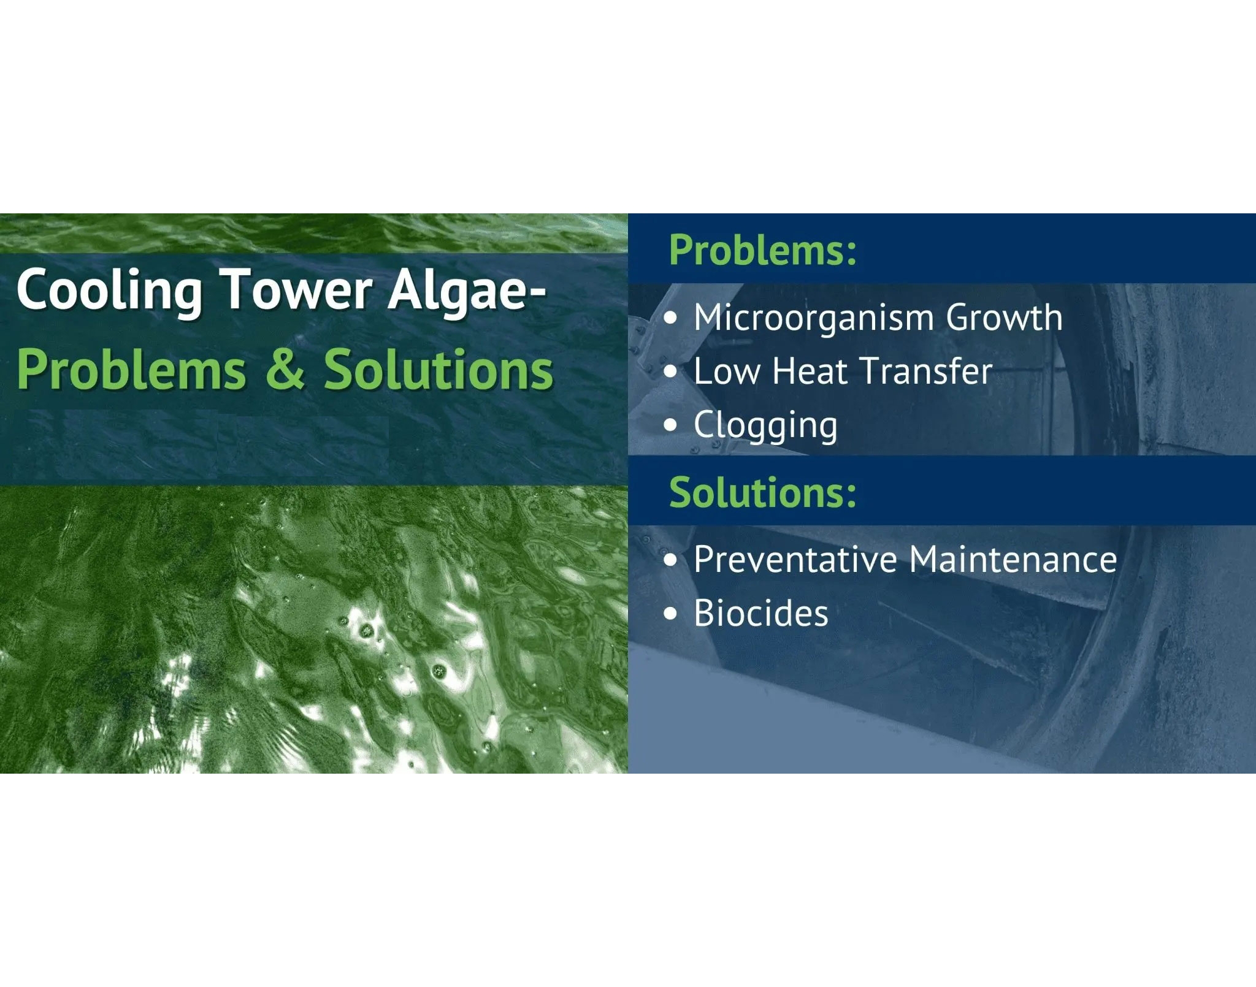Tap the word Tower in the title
(x=296, y=288)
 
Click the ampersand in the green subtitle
(x=285, y=369)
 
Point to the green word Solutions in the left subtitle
(x=438, y=369)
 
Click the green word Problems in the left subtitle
(x=131, y=369)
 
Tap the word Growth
(x=1004, y=318)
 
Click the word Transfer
(x=927, y=371)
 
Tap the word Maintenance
(x=1013, y=559)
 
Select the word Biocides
(x=761, y=613)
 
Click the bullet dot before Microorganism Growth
(x=672, y=318)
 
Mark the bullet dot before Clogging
(x=672, y=425)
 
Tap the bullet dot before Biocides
(x=672, y=614)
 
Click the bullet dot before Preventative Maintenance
(x=672, y=560)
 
